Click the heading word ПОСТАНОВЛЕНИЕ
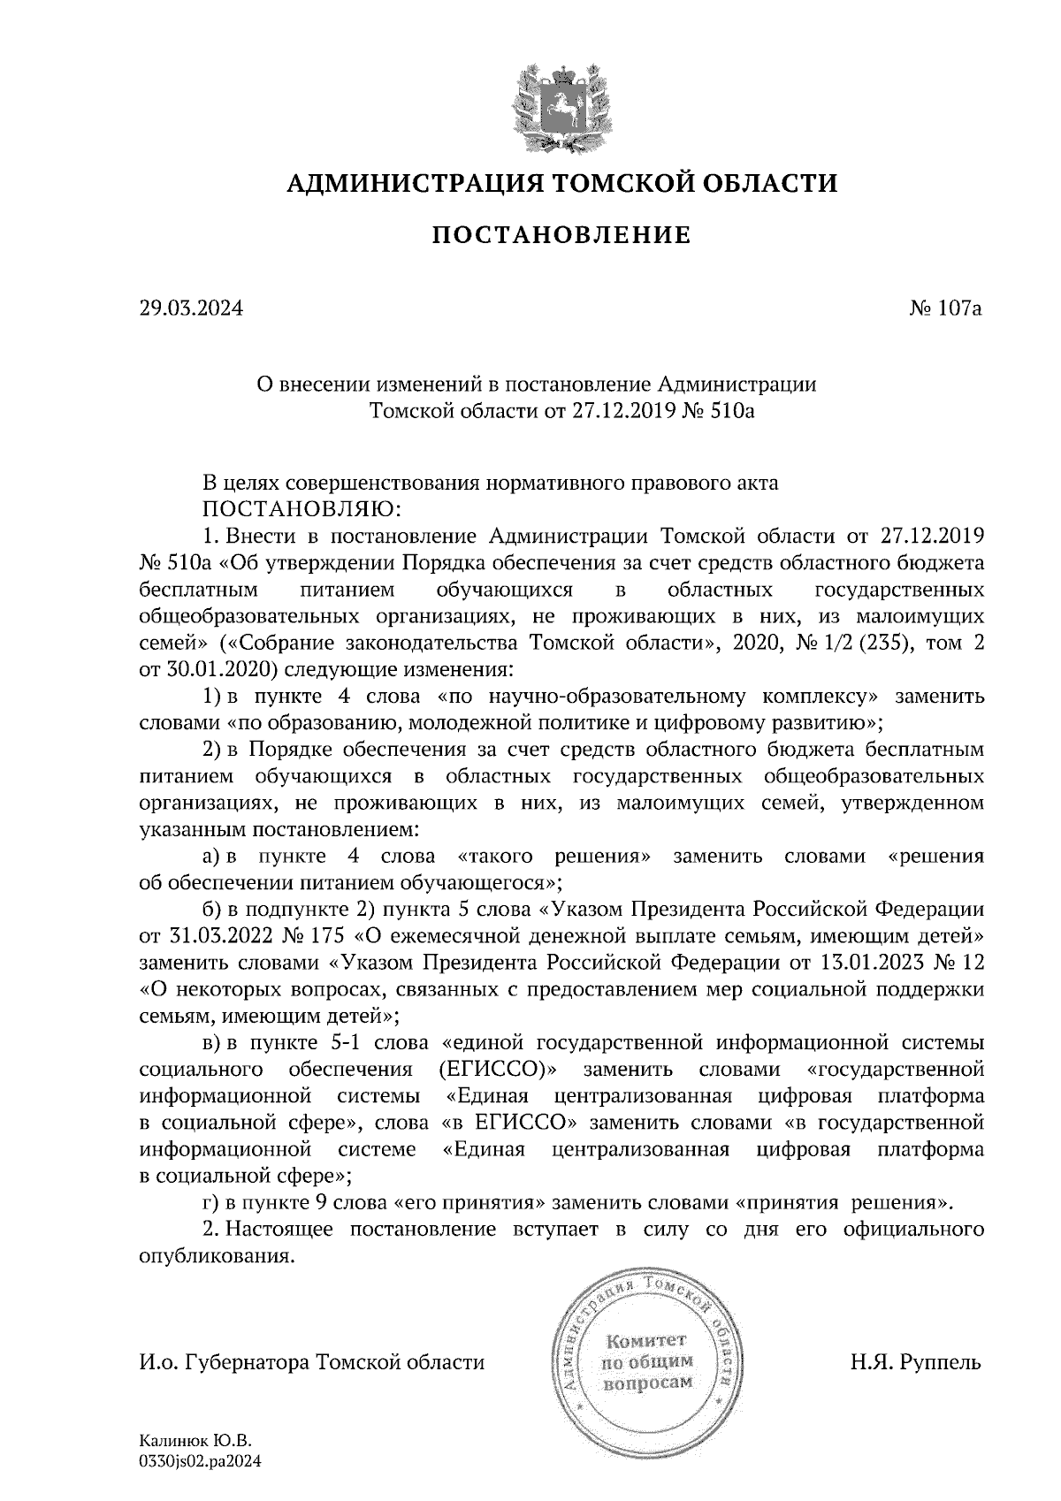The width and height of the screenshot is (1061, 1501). tap(561, 235)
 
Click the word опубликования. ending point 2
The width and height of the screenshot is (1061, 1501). tap(217, 1257)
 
